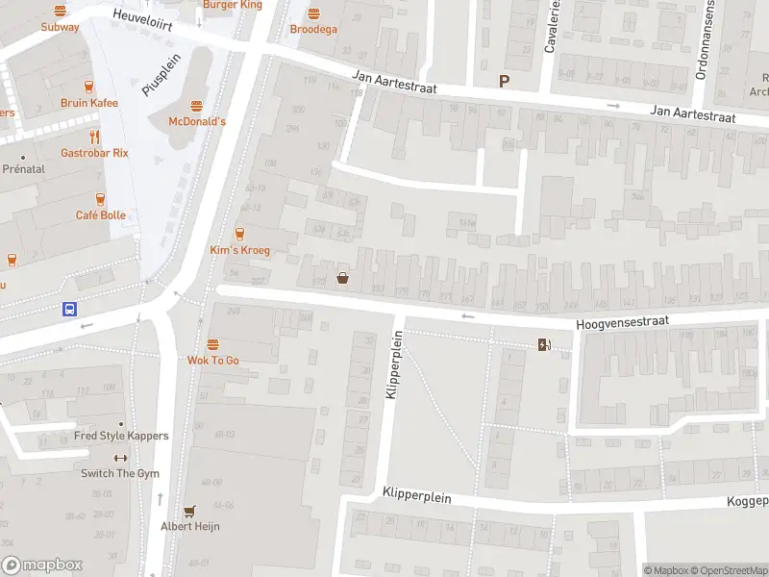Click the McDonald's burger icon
click(197, 106)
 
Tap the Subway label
click(60, 27)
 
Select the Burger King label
click(233, 5)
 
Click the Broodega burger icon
click(313, 13)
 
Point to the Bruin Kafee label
click(89, 103)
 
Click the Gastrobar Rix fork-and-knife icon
click(94, 137)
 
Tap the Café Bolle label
click(101, 215)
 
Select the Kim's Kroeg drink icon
click(240, 234)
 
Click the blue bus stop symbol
click(70, 310)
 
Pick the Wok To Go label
click(212, 361)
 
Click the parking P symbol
click(502, 82)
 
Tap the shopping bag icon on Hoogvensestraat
click(342, 279)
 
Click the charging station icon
click(544, 344)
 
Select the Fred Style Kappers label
click(121, 436)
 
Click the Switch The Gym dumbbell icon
click(120, 458)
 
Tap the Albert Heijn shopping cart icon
click(189, 512)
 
